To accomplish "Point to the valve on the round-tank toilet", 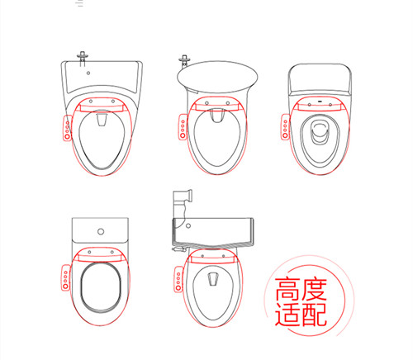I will [x=186, y=60].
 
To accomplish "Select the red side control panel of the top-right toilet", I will [x=285, y=130].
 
